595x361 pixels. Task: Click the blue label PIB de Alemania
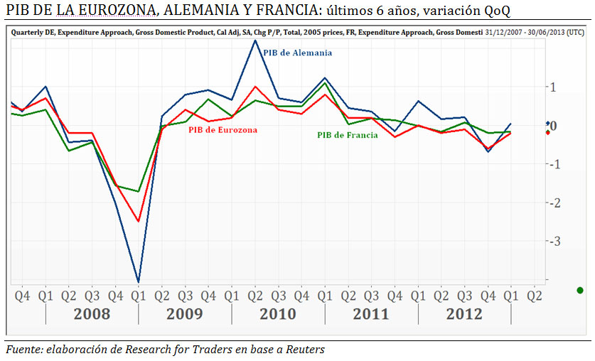coord(297,53)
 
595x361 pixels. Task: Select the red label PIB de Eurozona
coord(223,130)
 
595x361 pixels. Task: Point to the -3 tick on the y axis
coord(557,242)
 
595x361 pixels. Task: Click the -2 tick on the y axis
coord(557,203)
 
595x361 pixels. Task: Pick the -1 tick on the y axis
coord(557,165)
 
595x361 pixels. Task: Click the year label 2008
coord(92,314)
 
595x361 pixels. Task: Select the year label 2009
coord(185,314)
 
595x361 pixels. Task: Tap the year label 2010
coord(278,314)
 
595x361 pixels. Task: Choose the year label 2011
coord(371,314)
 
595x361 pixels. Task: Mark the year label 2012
coord(464,314)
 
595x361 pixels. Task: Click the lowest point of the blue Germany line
coord(138,282)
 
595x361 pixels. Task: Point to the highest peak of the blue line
coord(254,40)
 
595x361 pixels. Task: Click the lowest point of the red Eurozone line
coord(138,221)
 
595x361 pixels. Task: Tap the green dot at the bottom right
coord(580,290)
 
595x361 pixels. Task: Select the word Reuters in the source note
coord(305,349)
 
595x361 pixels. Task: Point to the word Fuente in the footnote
coord(24,349)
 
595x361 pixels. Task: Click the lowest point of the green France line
coord(138,191)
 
